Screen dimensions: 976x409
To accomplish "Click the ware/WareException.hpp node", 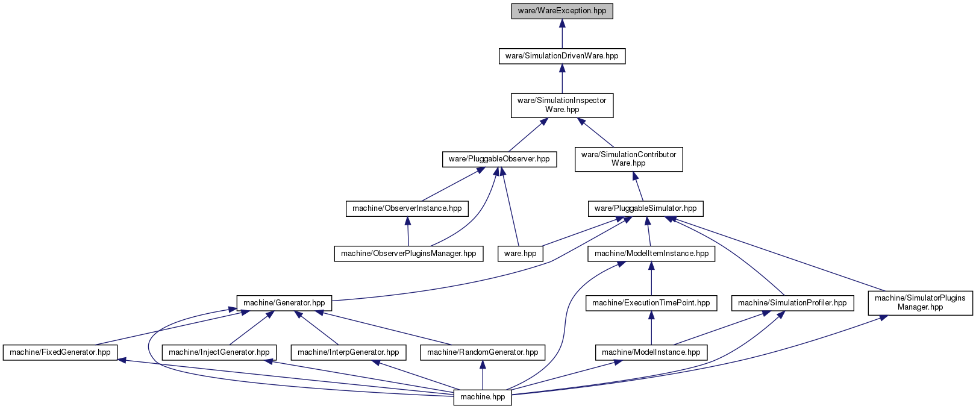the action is (x=562, y=11).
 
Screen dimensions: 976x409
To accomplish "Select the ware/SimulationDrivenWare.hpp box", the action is (x=562, y=56).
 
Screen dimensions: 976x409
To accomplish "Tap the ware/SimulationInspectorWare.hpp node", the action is (x=562, y=105).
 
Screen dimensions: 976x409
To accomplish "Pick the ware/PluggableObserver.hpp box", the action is (x=499, y=159).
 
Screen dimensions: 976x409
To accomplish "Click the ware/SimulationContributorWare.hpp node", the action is (x=629, y=159).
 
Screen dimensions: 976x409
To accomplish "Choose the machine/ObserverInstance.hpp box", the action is (x=407, y=208).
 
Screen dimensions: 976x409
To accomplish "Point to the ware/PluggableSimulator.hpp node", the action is (x=646, y=208).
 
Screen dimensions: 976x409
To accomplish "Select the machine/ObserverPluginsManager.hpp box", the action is (x=408, y=254).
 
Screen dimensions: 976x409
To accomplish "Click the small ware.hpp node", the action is (x=521, y=254).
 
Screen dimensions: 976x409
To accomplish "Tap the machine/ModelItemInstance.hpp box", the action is (x=651, y=254).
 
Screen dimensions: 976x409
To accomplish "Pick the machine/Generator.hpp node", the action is (x=284, y=303).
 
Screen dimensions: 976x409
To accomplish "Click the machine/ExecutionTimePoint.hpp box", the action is (x=651, y=303).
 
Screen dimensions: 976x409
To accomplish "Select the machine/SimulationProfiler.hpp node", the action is (x=793, y=303).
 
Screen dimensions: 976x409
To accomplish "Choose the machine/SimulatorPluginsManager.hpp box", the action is (x=920, y=303).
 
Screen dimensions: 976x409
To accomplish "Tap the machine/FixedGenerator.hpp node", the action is (x=60, y=352).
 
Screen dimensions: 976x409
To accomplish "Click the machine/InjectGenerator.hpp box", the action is (x=219, y=352).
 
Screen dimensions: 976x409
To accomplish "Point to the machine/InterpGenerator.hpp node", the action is (x=348, y=352).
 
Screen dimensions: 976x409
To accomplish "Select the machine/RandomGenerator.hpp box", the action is (x=483, y=352).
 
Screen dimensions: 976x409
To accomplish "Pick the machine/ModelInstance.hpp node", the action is (x=651, y=352).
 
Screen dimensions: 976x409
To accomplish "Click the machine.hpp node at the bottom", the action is (x=483, y=398).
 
